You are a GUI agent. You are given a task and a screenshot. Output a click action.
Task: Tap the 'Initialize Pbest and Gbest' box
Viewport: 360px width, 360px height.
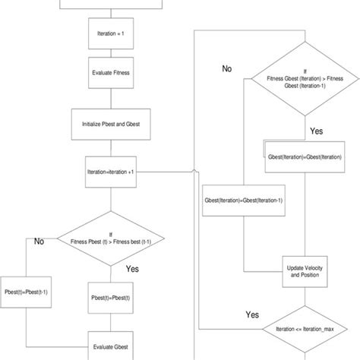coord(111,124)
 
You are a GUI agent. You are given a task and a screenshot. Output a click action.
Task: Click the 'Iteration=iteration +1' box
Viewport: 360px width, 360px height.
coord(111,172)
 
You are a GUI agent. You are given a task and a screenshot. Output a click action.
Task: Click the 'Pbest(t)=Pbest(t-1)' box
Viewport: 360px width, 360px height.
coord(26,291)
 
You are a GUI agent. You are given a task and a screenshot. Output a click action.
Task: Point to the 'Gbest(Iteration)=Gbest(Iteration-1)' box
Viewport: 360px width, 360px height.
coord(244,201)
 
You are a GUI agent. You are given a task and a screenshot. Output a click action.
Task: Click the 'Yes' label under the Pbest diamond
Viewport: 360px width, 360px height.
coord(131,268)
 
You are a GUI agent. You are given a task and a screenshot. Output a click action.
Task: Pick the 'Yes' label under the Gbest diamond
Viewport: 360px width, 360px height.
coord(317,131)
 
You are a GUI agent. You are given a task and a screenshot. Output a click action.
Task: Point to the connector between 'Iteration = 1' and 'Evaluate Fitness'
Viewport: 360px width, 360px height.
coord(111,54)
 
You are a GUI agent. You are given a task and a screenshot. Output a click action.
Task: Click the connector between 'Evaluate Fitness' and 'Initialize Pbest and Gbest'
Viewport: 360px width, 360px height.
coord(111,99)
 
